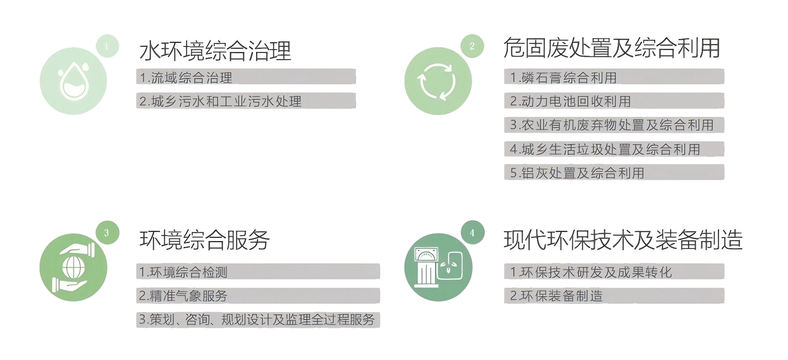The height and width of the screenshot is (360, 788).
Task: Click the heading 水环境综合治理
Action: (x=215, y=51)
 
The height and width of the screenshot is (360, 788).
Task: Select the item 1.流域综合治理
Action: (x=186, y=77)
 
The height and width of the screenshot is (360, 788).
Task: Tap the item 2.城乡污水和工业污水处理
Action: (x=221, y=101)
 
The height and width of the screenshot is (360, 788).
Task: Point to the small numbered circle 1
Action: (x=107, y=46)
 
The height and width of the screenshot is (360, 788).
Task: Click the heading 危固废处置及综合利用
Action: (x=611, y=48)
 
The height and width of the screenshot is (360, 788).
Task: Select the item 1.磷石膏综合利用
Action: (x=563, y=77)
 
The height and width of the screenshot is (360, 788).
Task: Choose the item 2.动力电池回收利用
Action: (x=571, y=101)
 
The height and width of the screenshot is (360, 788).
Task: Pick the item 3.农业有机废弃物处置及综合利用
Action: (x=612, y=125)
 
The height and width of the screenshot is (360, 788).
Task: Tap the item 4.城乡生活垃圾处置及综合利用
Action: (x=605, y=149)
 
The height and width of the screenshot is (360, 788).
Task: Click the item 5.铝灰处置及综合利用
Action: (x=577, y=173)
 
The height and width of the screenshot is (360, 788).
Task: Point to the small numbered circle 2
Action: (x=472, y=46)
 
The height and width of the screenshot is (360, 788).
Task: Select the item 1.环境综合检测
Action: (x=183, y=272)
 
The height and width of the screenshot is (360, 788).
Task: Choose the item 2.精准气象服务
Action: (x=183, y=296)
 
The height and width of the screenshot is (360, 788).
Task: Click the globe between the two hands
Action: (x=74, y=268)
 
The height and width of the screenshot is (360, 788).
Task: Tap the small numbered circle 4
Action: (x=472, y=232)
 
